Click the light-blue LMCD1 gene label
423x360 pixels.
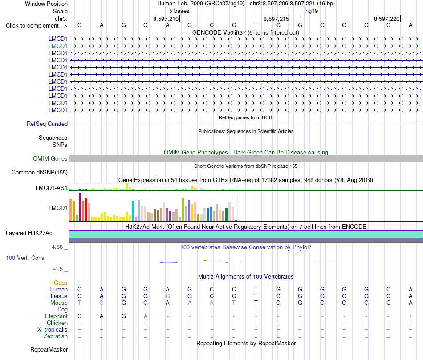(58, 46)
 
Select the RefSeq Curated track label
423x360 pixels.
(47, 124)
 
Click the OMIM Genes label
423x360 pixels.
(50, 158)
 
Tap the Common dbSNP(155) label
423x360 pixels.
(40, 173)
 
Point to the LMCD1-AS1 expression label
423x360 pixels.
(52, 188)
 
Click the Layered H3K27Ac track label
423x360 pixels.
(29, 233)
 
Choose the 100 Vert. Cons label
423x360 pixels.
(25, 258)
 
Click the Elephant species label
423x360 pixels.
(56, 316)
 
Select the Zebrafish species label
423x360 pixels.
(56, 336)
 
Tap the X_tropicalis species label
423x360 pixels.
(53, 330)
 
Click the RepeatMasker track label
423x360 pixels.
(49, 349)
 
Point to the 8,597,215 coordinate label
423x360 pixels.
(276, 19)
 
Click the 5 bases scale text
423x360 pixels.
(179, 11)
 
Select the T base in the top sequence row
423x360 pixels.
(256, 25)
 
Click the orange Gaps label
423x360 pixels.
(61, 283)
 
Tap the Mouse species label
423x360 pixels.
(59, 303)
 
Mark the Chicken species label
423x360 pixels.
(57, 323)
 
